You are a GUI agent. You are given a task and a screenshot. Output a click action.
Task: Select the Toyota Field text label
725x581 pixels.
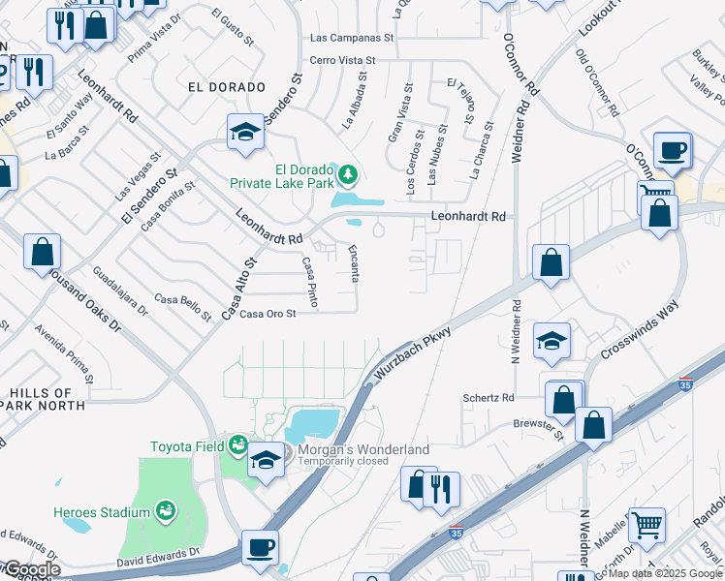(186, 446)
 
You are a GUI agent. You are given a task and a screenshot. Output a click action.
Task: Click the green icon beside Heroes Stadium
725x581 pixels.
(167, 509)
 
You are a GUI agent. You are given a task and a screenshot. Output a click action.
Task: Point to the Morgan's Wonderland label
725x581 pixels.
(362, 449)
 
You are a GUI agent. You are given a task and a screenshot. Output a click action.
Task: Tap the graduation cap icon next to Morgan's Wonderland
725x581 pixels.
(266, 460)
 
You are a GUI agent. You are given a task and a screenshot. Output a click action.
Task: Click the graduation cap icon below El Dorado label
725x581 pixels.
(246, 132)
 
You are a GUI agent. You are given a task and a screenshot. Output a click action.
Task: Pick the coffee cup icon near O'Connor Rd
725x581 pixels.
(672, 150)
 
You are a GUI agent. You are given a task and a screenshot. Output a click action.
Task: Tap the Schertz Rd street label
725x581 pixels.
(488, 398)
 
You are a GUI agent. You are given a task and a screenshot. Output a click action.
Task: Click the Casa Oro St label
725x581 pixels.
(268, 313)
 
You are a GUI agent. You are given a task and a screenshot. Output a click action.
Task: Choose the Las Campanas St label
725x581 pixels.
(352, 38)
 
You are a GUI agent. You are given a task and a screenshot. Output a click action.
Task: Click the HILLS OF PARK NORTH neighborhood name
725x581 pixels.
(47, 398)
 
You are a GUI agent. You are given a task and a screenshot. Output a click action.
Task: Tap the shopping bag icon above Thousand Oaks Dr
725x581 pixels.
(43, 252)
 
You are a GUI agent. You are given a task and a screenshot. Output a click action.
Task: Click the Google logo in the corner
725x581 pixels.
(31, 569)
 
